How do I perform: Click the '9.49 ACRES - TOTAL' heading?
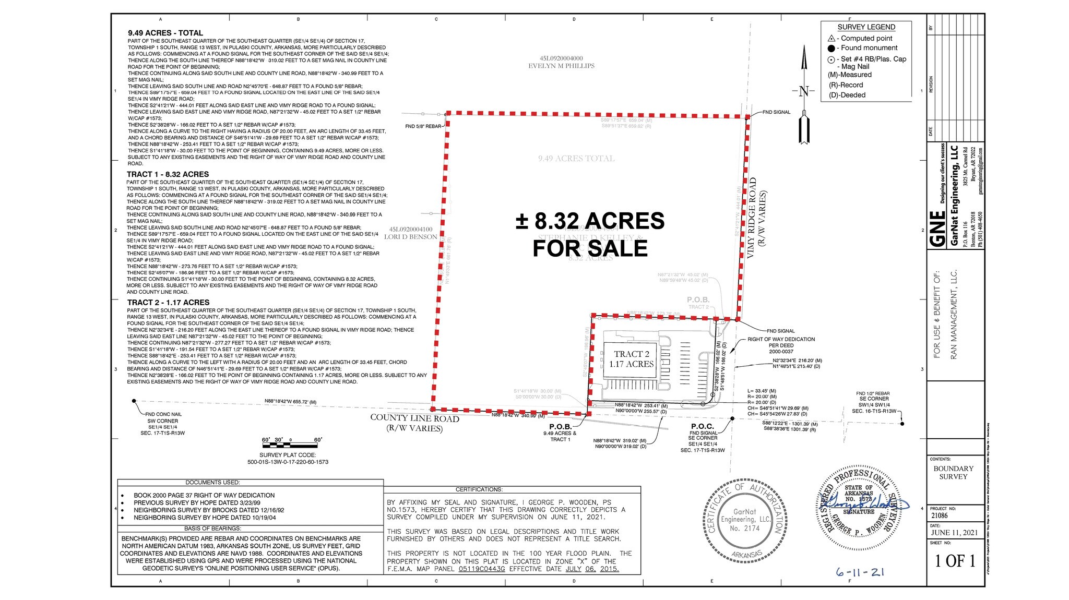tap(165, 33)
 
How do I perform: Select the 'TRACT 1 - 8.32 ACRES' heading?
tap(168, 174)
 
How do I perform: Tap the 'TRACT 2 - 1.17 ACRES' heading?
tap(168, 303)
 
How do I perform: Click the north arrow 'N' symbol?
tap(804, 92)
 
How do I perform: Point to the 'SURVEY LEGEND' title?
tap(866, 27)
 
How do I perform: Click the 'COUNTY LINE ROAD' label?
tap(414, 418)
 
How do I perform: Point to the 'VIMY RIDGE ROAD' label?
tap(752, 218)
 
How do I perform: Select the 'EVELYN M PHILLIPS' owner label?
tap(561, 66)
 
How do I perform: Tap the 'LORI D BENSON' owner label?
tap(410, 237)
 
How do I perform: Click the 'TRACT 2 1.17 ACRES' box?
tap(632, 359)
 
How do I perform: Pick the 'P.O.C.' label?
tap(702, 426)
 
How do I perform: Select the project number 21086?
tap(939, 515)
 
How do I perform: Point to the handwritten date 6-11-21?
tap(860, 572)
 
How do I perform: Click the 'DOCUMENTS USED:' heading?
tap(212, 483)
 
